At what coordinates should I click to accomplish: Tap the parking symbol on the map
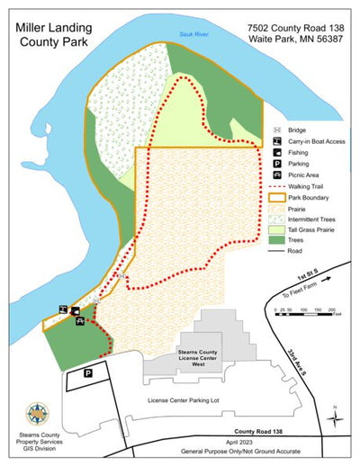click(88, 372)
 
